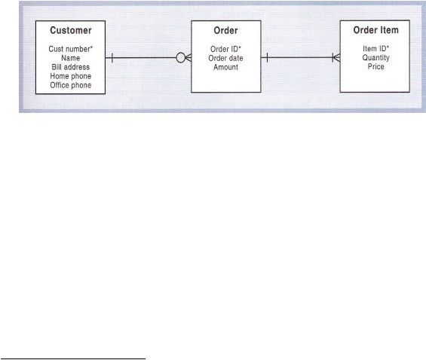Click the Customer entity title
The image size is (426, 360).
(x=71, y=30)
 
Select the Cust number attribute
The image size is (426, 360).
(x=71, y=49)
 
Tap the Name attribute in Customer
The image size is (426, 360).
(x=71, y=58)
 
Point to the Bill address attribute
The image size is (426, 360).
(x=71, y=67)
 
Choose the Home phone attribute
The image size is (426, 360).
(x=71, y=76)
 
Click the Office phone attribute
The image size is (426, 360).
(x=71, y=85)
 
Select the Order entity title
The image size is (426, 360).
(x=225, y=30)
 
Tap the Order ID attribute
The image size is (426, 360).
(x=225, y=49)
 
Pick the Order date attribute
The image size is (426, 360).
(x=225, y=58)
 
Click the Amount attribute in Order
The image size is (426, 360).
(x=225, y=67)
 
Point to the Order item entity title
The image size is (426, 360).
(x=376, y=30)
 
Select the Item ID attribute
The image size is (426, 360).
(x=376, y=48)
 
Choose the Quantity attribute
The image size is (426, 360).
(x=376, y=57)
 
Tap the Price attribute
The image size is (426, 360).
(x=376, y=66)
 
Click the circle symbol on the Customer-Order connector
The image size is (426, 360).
(x=181, y=58)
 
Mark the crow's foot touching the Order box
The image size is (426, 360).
(x=188, y=58)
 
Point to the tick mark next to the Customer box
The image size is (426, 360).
(x=112, y=58)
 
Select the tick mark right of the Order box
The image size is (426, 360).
(x=268, y=58)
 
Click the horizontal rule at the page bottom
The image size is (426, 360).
(x=73, y=359)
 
